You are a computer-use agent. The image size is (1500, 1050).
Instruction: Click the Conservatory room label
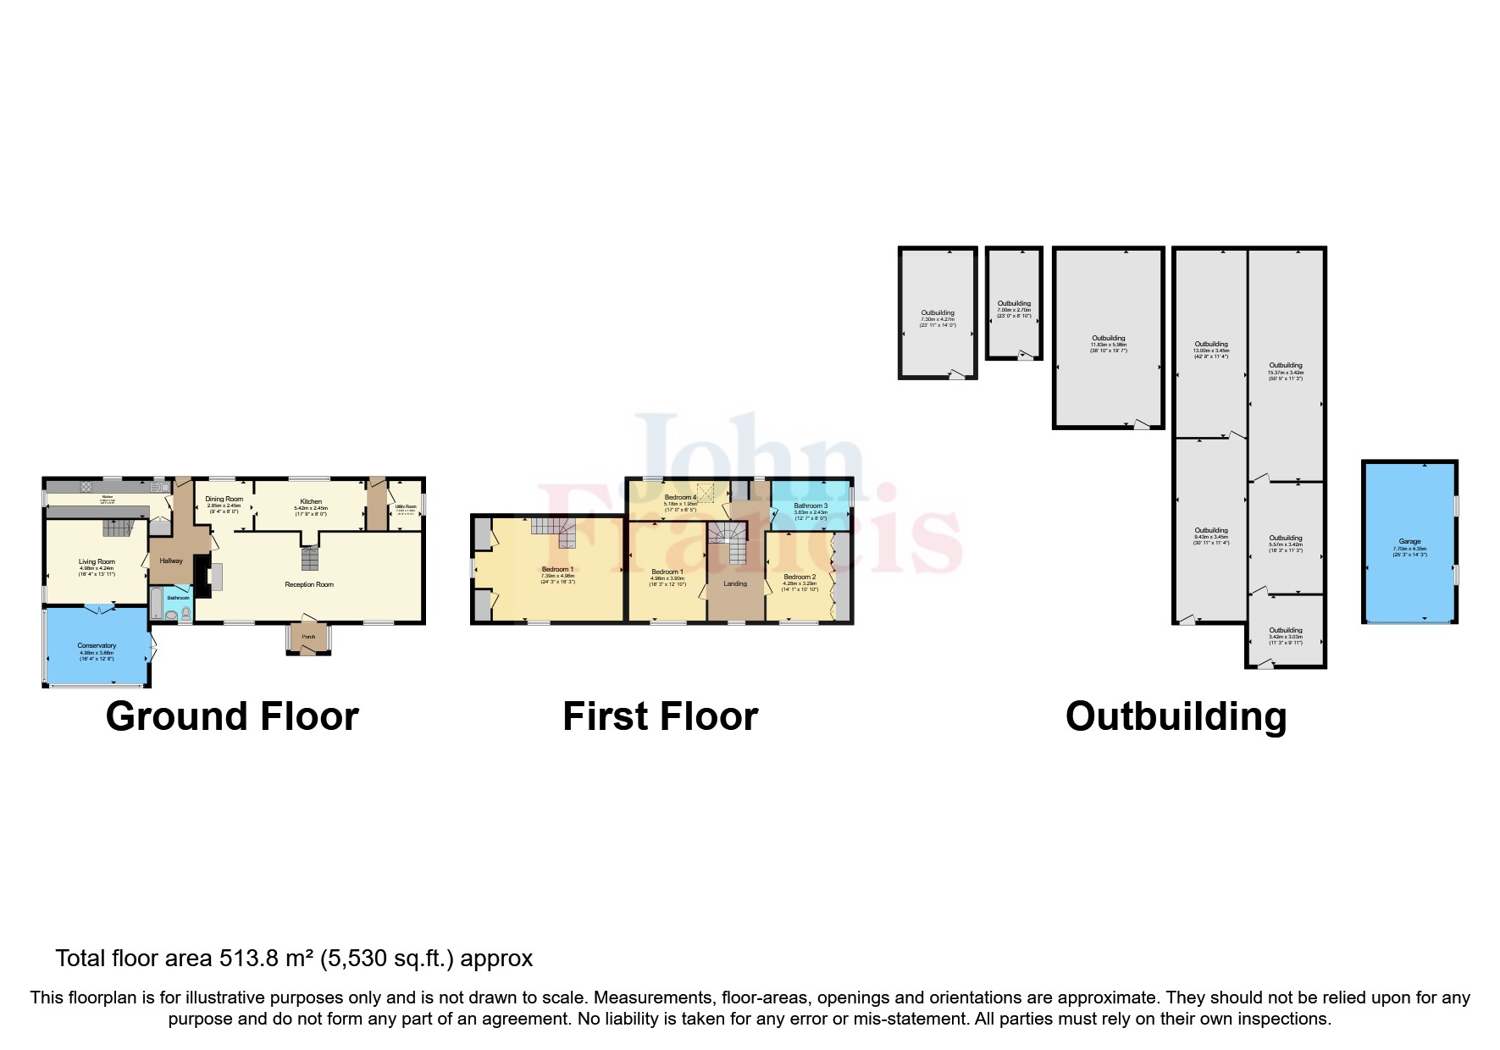pos(97,646)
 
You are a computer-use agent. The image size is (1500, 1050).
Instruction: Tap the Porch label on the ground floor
pos(308,637)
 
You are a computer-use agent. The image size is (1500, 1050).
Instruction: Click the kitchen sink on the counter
pos(158,487)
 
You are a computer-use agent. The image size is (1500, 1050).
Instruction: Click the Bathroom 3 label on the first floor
pos(811,506)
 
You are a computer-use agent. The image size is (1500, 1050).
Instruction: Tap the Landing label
pos(735,583)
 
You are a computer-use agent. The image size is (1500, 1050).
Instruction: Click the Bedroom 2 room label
pos(800,577)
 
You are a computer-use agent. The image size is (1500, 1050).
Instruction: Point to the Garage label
pos(1409,542)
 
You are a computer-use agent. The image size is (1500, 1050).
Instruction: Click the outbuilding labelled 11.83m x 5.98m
pos(1108,338)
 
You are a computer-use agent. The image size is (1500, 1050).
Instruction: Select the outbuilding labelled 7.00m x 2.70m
pos(1014,303)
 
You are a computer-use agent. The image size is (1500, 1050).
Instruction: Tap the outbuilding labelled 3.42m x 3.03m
pos(1285,630)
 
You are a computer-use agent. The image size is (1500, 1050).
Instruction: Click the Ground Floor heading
pos(232,716)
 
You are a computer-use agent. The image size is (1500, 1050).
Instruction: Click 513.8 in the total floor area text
pos(251,958)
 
